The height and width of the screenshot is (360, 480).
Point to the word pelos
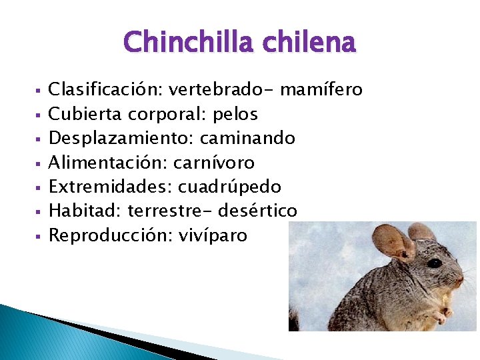235,114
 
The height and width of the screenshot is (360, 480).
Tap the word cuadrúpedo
229,187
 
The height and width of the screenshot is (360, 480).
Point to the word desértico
261,211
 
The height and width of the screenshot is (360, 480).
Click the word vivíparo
213,235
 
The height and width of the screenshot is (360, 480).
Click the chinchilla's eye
435,263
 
